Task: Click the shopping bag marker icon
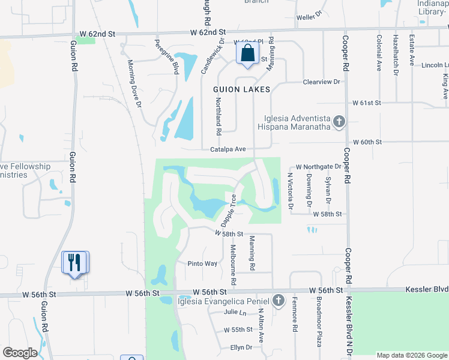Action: (x=247, y=53)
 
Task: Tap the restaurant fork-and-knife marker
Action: (x=75, y=262)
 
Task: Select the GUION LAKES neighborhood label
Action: (x=242, y=89)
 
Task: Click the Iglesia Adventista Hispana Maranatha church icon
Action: (x=339, y=122)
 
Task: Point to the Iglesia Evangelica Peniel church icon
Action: (x=277, y=300)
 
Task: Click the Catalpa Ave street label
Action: (x=228, y=149)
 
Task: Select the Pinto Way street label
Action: (x=202, y=263)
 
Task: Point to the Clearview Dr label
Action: (x=322, y=82)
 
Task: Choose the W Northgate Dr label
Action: (x=318, y=167)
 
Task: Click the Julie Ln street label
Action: (x=235, y=313)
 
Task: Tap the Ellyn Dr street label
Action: (x=241, y=347)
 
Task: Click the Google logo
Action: (x=20, y=353)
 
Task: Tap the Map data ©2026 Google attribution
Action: (x=411, y=355)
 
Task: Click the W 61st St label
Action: (x=367, y=103)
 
